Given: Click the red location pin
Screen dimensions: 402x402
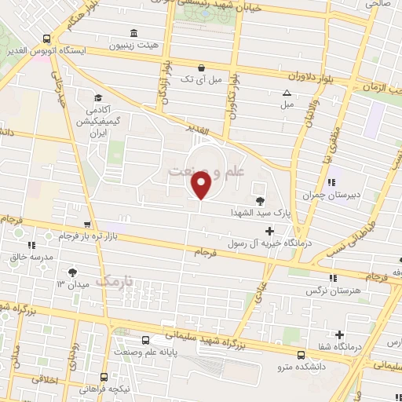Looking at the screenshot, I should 201,185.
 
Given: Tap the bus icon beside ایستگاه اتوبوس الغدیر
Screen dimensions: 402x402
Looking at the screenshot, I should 47,38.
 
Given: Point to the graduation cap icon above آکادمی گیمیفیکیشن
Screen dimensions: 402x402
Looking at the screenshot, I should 98,97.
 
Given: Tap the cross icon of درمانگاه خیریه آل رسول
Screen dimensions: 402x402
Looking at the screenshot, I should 270,231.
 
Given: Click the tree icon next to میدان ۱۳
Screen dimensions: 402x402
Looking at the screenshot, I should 73,272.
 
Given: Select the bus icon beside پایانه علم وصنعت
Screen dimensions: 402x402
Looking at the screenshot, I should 146,340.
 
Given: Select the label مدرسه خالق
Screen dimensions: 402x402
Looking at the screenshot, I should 31,256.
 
